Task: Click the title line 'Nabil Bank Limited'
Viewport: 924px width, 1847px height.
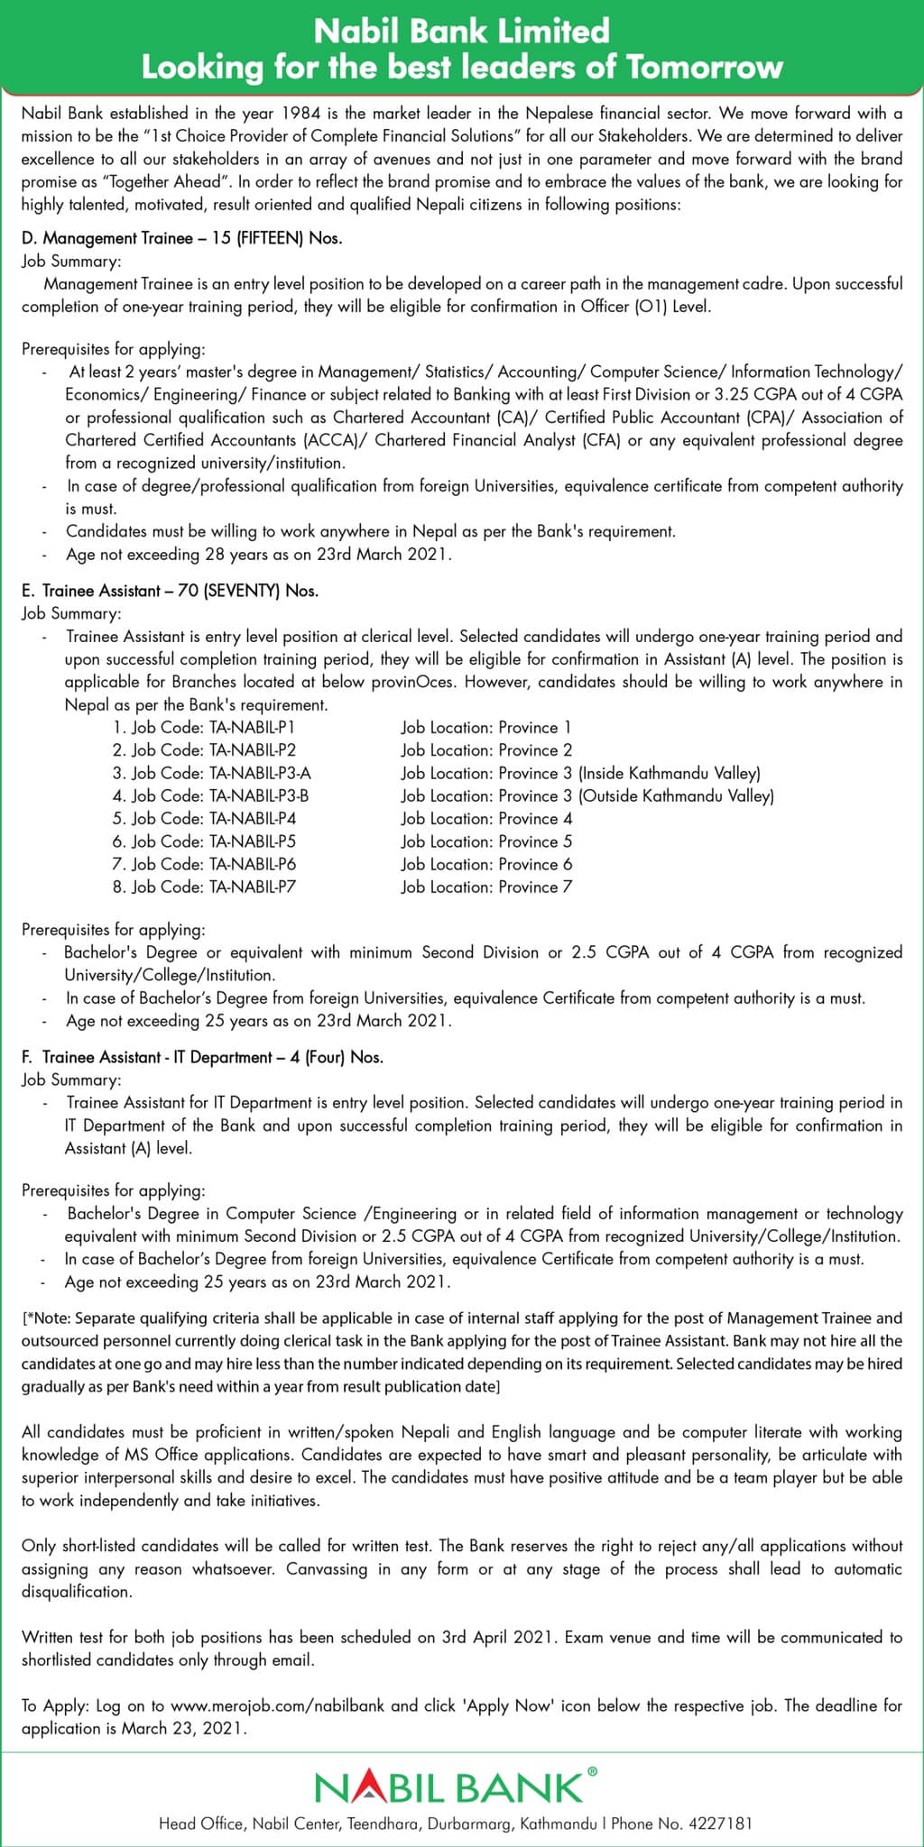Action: (461, 32)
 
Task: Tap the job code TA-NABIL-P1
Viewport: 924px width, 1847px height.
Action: (252, 728)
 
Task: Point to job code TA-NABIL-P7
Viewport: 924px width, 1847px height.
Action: (252, 887)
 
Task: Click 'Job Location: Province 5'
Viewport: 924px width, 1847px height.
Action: (486, 842)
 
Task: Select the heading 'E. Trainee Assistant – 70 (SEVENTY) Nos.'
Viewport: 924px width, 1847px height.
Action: (171, 592)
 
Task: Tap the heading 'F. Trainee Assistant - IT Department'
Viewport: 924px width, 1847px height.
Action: (162, 1058)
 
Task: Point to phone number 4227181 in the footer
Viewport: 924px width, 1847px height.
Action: (721, 1824)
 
